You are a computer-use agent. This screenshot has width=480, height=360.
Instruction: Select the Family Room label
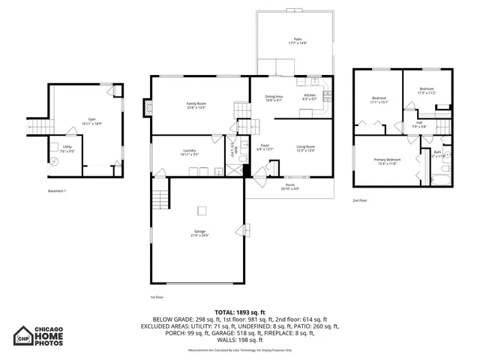pos(196,105)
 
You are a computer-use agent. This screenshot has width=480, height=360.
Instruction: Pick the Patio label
pos(297,40)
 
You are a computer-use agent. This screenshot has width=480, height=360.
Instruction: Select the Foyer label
pos(265,147)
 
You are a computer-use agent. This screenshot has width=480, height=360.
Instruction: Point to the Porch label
pos(289,186)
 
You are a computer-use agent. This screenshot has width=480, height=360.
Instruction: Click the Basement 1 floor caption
pos(56,190)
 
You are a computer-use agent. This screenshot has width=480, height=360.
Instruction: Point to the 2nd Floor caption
pos(360,200)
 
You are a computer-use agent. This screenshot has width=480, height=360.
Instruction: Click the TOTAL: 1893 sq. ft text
pos(240,312)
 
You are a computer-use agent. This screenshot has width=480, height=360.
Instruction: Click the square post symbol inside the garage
pos(200,210)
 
